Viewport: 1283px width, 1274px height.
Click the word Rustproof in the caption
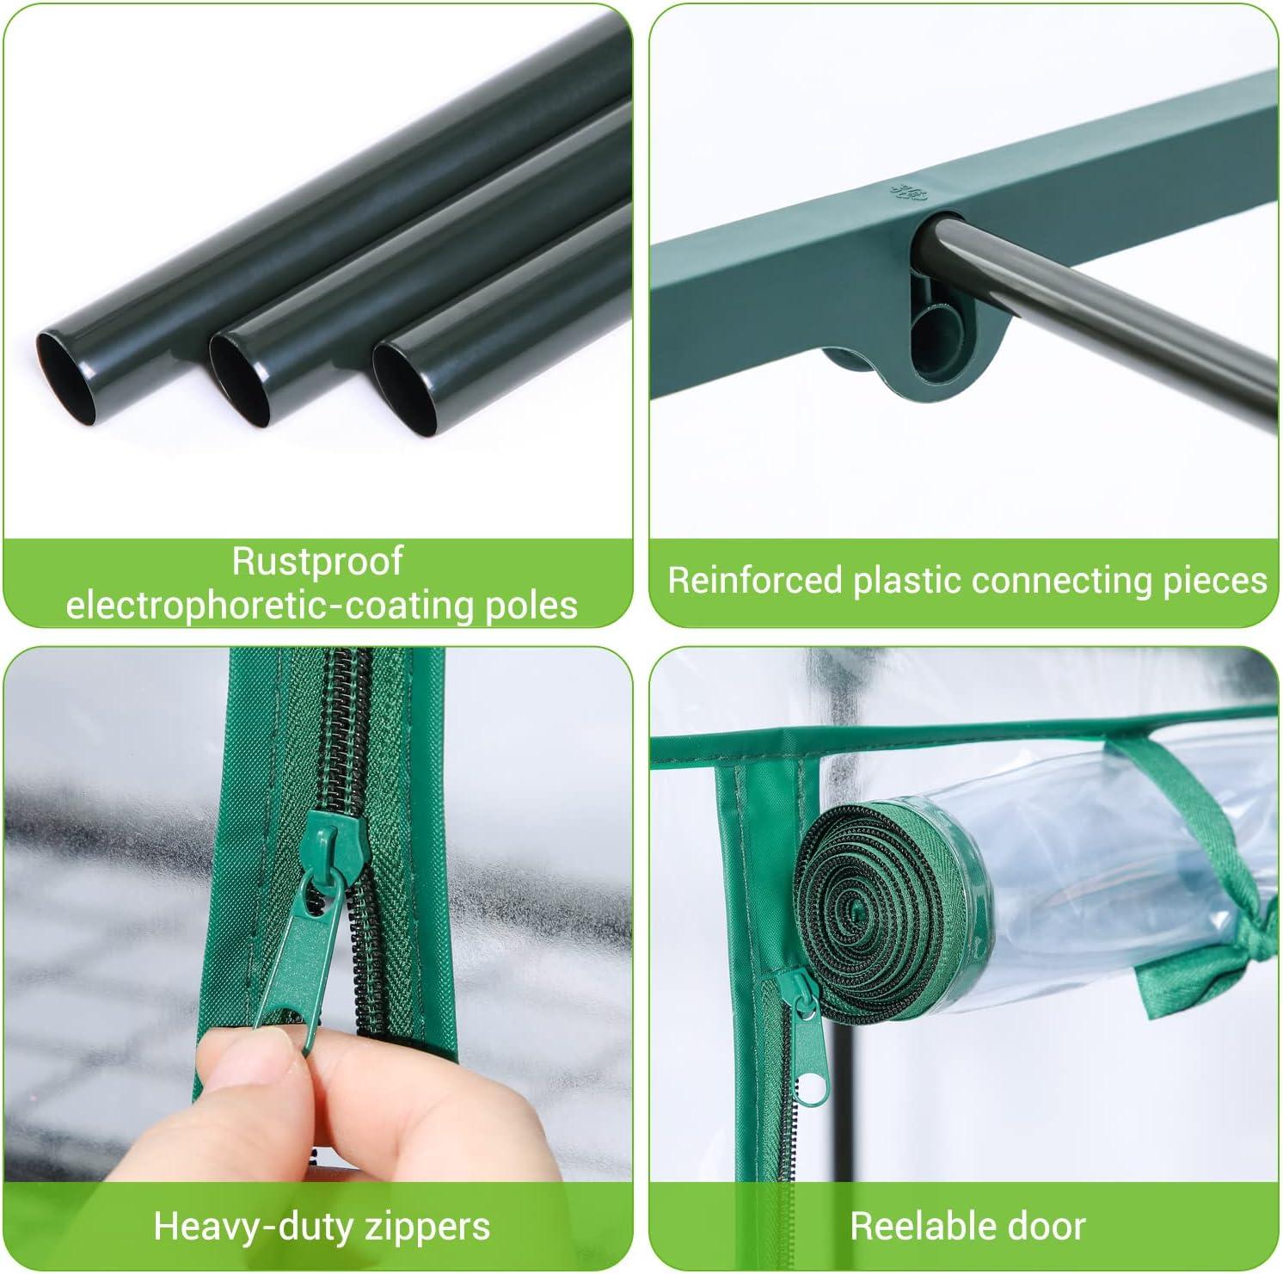point(317,562)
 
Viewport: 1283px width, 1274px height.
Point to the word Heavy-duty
point(251,1225)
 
